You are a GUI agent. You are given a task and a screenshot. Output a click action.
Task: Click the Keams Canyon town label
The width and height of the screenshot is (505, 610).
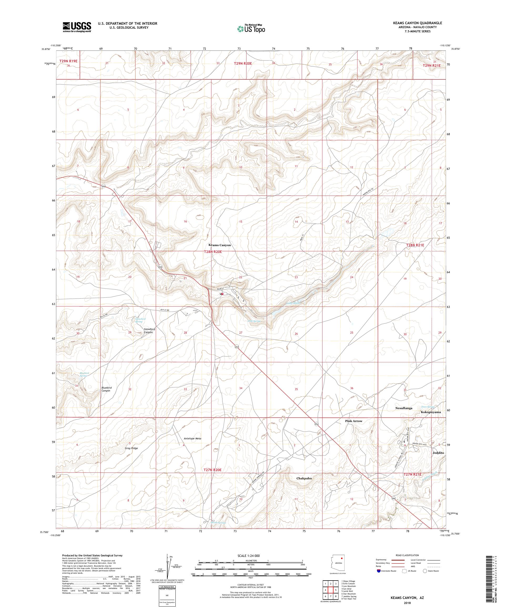(220, 245)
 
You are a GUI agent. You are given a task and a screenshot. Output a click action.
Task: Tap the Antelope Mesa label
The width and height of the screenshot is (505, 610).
(193, 438)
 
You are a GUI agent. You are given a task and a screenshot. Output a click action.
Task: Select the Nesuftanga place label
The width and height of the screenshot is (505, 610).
(403, 408)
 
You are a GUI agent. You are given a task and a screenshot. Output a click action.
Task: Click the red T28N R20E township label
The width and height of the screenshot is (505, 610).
(213, 252)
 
